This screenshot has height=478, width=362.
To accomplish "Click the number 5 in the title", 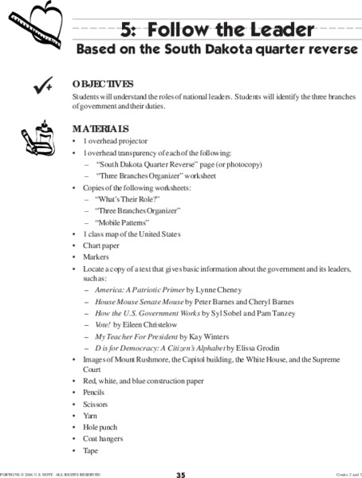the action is point(126,31).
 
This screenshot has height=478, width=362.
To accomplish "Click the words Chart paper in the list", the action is point(100,246).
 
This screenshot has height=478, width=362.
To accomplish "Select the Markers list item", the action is point(96,257).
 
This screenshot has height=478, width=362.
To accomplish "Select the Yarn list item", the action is point(90,416).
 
